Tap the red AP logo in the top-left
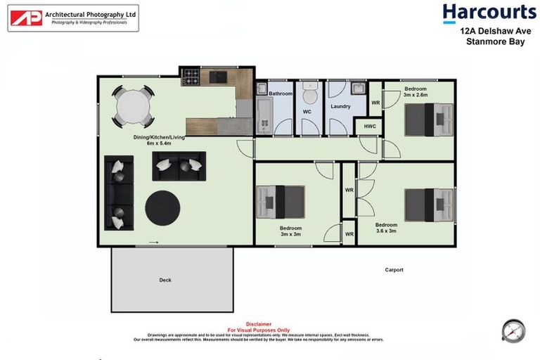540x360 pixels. (x=26, y=18)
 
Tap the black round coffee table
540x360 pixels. (x=162, y=207)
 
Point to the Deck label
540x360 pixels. (x=165, y=280)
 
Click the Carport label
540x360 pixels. (x=394, y=269)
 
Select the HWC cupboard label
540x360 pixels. (x=370, y=127)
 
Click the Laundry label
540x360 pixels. (x=340, y=107)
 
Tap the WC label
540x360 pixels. (x=307, y=112)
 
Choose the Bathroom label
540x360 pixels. (x=280, y=94)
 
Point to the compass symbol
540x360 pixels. (x=513, y=330)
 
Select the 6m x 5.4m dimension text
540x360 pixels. (x=160, y=143)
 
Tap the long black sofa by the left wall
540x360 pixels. (x=118, y=192)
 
